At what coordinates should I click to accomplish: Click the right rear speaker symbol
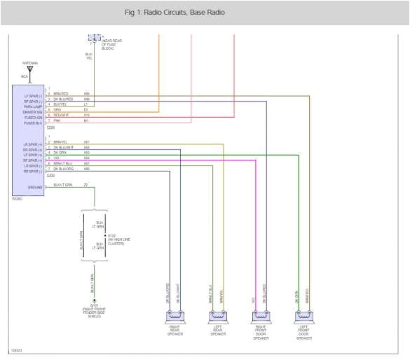click(175, 316)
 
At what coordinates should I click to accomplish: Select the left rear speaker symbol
click(217, 316)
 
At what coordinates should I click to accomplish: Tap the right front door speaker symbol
click(261, 316)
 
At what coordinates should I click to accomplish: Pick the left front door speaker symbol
click(304, 316)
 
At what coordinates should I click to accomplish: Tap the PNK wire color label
click(56, 121)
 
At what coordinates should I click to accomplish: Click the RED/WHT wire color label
click(59, 116)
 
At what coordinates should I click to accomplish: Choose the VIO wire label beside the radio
click(56, 158)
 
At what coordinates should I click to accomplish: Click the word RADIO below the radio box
click(18, 199)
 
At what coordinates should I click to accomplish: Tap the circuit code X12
click(86, 116)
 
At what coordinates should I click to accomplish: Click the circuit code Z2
click(86, 186)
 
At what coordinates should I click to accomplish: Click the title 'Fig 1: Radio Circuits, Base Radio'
click(175, 13)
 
